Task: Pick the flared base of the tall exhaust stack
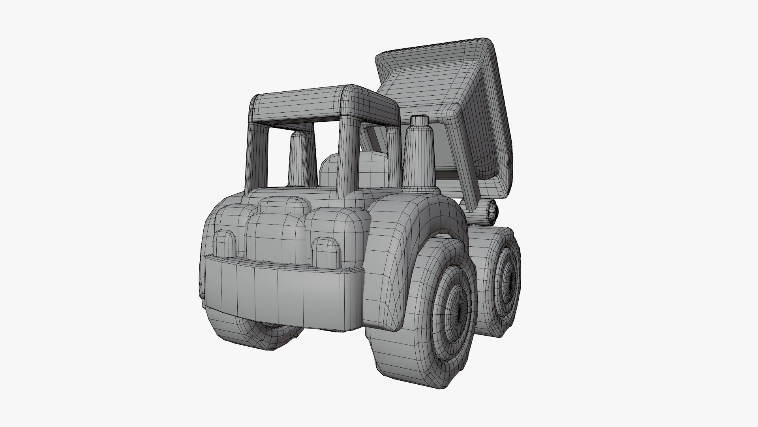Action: (x=419, y=186)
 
